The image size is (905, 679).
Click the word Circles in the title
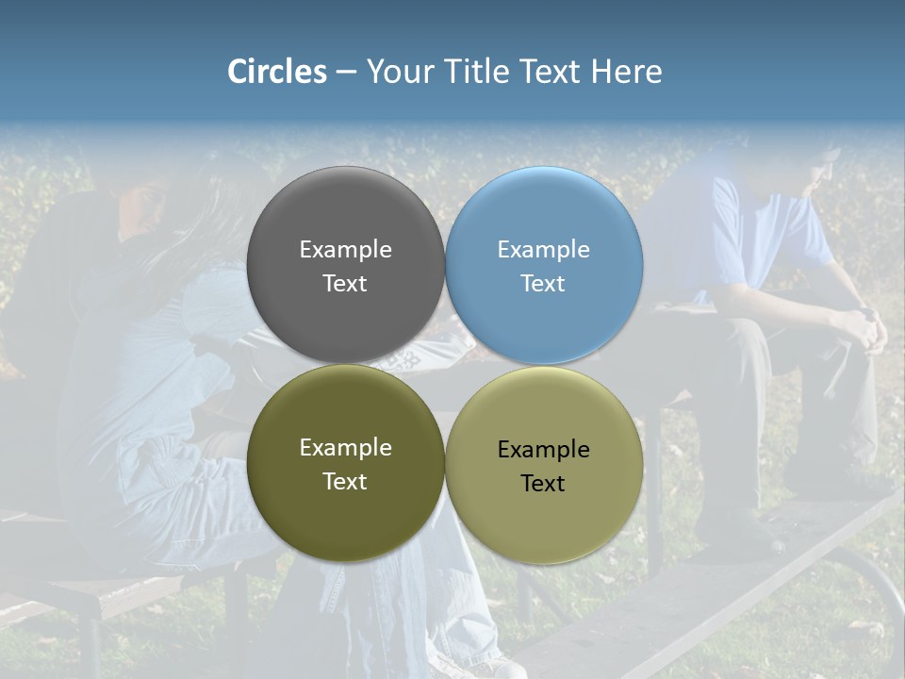click(x=276, y=72)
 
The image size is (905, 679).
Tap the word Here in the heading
click(x=626, y=72)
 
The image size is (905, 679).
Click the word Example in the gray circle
click(x=345, y=250)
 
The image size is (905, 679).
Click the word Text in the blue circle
click(x=543, y=284)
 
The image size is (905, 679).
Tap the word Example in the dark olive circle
click(x=345, y=448)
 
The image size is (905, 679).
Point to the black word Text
click(x=543, y=484)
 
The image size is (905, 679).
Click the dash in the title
click(x=346, y=73)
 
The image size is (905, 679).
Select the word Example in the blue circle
click(x=543, y=250)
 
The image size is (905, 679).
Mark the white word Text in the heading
click(x=551, y=72)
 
